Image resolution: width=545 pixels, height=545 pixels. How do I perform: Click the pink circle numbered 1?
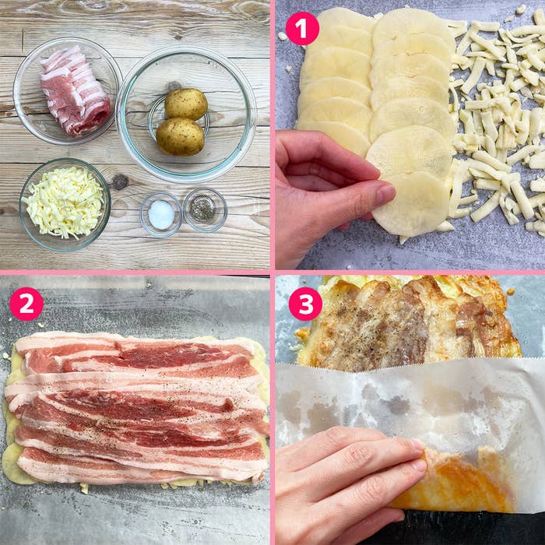(x=302, y=29)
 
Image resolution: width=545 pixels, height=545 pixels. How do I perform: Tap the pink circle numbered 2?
(x=26, y=304)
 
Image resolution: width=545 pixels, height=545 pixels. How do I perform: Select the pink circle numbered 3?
(x=305, y=304)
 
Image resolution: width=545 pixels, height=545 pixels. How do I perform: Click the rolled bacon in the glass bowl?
(x=75, y=91)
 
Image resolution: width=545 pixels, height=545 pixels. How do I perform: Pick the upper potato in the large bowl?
(x=186, y=104)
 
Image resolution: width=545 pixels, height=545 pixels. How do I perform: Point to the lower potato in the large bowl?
(x=180, y=136)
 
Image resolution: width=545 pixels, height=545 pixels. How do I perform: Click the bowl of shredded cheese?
(x=65, y=204)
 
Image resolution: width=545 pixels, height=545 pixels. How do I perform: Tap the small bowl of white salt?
(x=161, y=214)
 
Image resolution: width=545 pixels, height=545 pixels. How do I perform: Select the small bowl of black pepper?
(x=205, y=209)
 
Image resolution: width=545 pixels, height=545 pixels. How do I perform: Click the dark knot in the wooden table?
(x=120, y=182)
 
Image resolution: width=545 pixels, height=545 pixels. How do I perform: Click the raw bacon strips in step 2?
(x=139, y=406)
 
